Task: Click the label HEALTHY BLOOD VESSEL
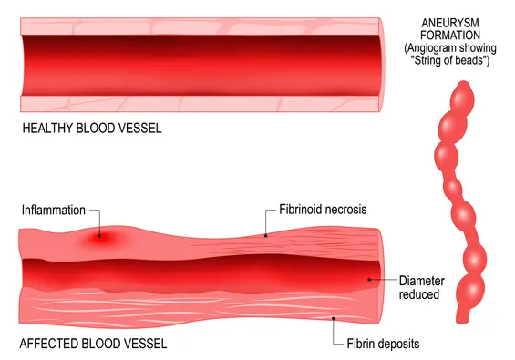pos(91,128)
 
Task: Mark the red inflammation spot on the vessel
pos(101,238)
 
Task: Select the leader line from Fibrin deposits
pos(335,330)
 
